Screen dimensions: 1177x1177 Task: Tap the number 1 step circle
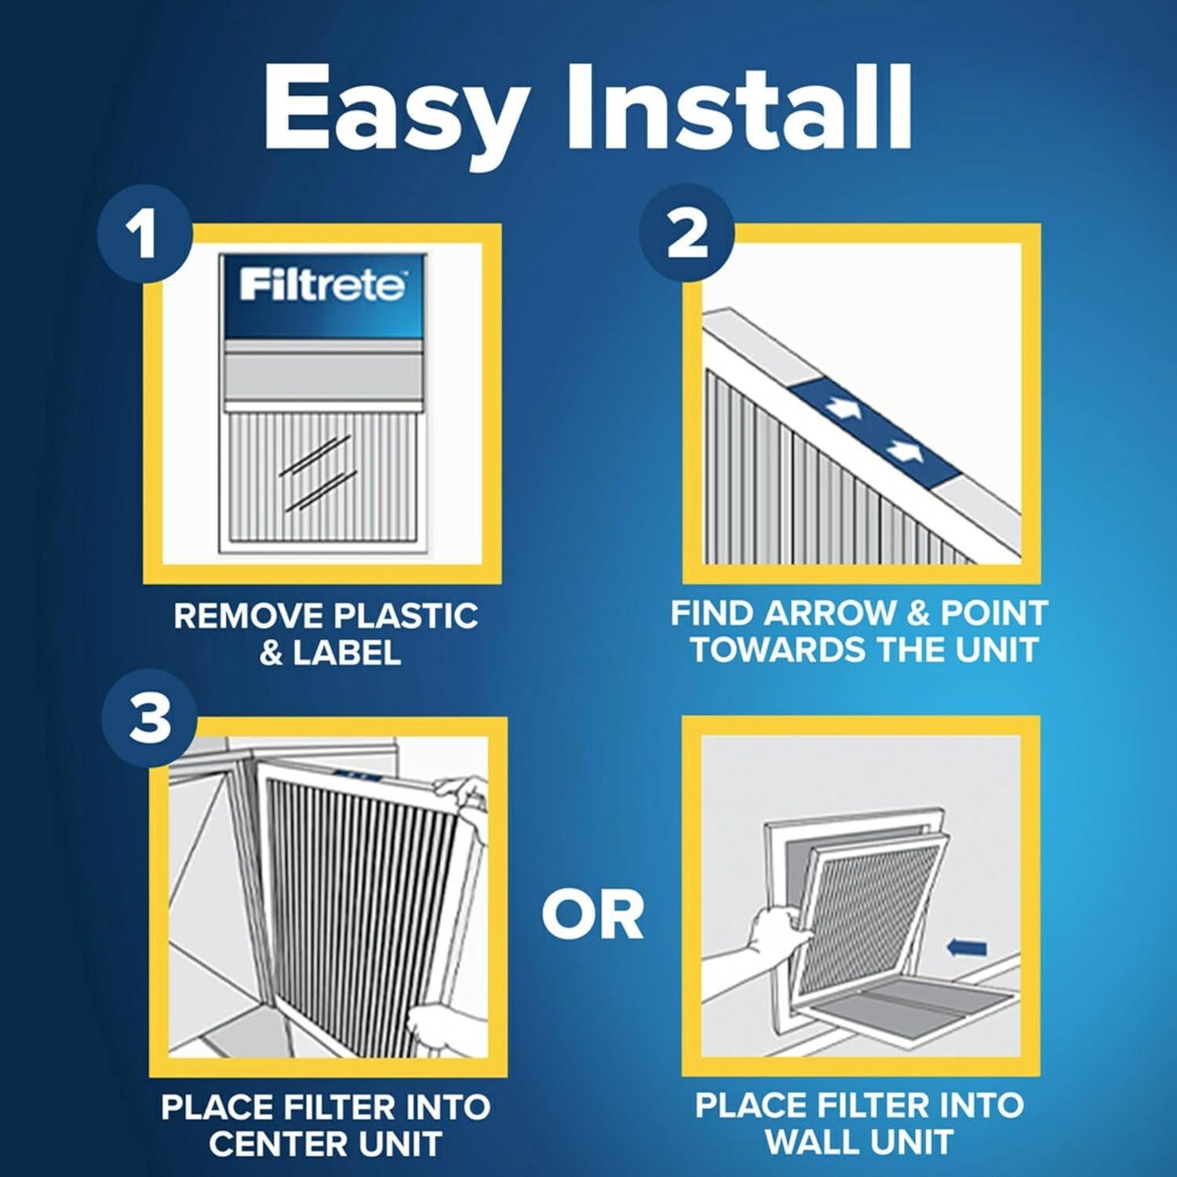pos(144,235)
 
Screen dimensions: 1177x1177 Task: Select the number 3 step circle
pos(149,720)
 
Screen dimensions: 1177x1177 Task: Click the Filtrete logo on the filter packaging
pos(322,285)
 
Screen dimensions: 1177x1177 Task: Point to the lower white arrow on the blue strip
pos(903,451)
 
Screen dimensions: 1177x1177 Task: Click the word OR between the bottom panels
pos(592,915)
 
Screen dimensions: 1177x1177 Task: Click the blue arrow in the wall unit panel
pos(966,949)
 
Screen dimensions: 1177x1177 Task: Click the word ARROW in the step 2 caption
pos(832,614)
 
